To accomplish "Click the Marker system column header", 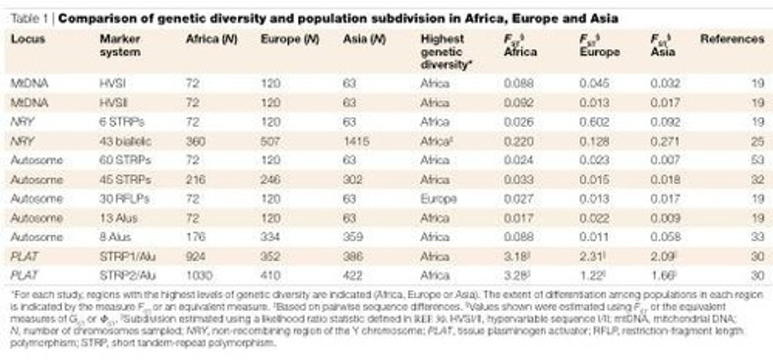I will pos(120,46).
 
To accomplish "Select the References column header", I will pos(732,39).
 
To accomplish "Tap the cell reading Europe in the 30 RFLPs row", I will pos(439,199).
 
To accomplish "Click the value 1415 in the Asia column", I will pos(355,142).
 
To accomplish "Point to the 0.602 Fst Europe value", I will pos(594,122).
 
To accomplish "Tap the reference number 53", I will pos(757,160).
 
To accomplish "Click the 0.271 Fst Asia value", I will pos(665,142).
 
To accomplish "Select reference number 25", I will pos(757,142).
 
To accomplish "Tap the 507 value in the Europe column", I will pos(271,142).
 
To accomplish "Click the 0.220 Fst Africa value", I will pos(519,142).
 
